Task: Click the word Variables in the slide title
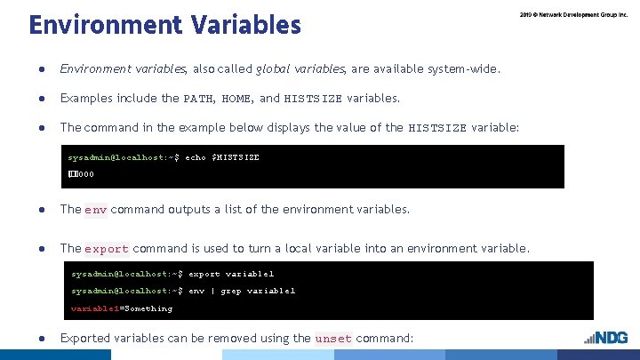[x=244, y=24]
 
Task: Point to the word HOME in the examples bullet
[x=236, y=99]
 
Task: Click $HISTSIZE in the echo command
[x=236, y=157]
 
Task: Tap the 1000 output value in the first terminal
[x=81, y=173]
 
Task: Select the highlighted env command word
[x=96, y=210]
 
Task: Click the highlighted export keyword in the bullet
[x=107, y=249]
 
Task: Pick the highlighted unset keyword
[x=334, y=339]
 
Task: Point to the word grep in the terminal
[x=230, y=291]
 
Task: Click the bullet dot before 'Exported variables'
[x=42, y=339]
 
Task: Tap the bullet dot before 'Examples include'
[x=42, y=99]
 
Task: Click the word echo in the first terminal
[x=196, y=157]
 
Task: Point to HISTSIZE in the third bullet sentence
[x=437, y=128]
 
